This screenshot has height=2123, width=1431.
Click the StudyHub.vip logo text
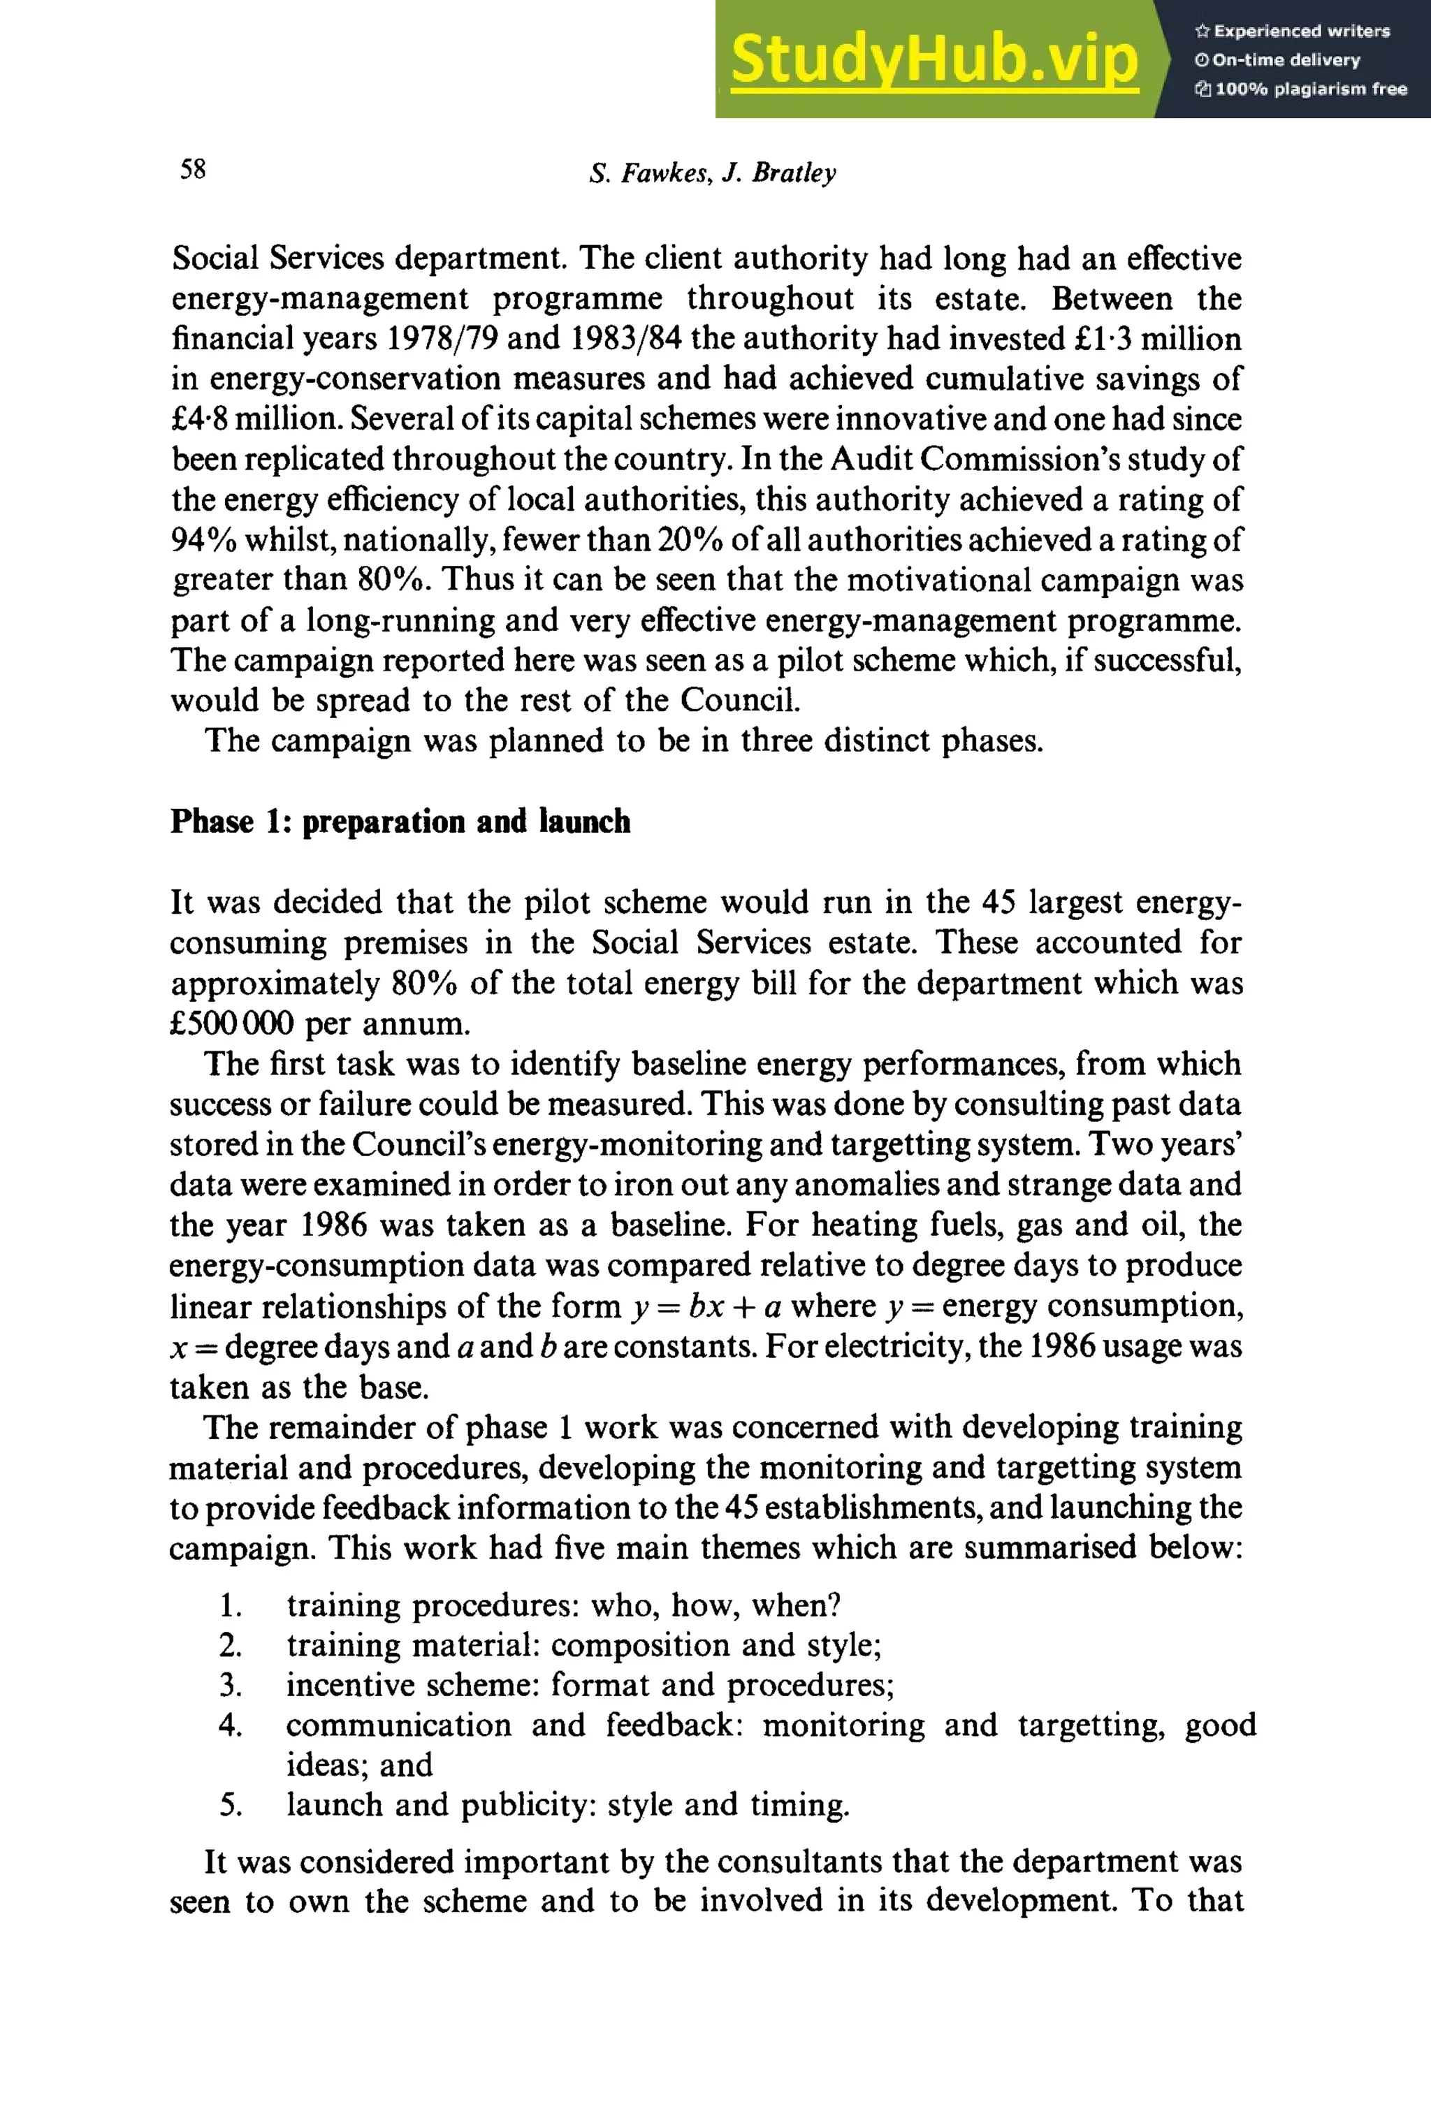tap(934, 60)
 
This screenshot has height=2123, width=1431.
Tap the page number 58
tap(193, 170)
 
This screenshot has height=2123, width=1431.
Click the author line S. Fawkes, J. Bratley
tap(712, 173)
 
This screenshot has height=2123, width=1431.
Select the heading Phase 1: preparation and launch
tap(400, 821)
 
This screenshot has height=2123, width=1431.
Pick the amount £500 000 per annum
tap(319, 1023)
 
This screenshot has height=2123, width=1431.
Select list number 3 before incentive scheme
tap(230, 1685)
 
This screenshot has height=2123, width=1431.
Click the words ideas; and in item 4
tap(358, 1765)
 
